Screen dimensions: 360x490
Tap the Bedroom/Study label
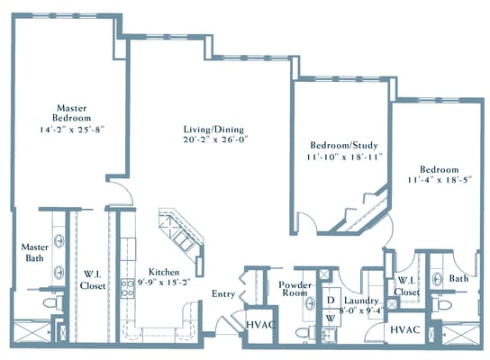tap(343, 145)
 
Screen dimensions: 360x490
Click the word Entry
tap(223, 294)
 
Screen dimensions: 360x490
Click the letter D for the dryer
tap(330, 301)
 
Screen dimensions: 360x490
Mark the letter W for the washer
tap(330, 317)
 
